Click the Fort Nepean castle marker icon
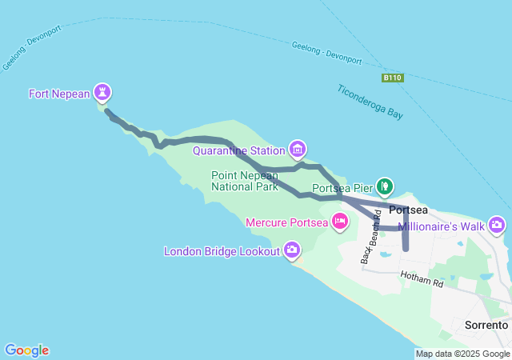click(x=102, y=93)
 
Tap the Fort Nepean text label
click(x=59, y=94)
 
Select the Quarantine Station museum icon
click(x=298, y=149)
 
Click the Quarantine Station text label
click(x=239, y=150)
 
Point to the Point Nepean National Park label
click(x=245, y=181)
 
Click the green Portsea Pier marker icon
click(x=385, y=187)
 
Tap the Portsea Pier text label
click(x=343, y=190)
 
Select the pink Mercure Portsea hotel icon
click(x=340, y=221)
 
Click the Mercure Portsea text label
click(x=286, y=222)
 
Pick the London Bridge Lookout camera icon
click(x=292, y=250)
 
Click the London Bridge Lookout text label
click(x=222, y=251)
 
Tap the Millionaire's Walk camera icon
click(x=497, y=225)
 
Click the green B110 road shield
click(x=392, y=78)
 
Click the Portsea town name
click(x=408, y=210)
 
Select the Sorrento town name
click(x=486, y=326)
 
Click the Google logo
click(x=27, y=350)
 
